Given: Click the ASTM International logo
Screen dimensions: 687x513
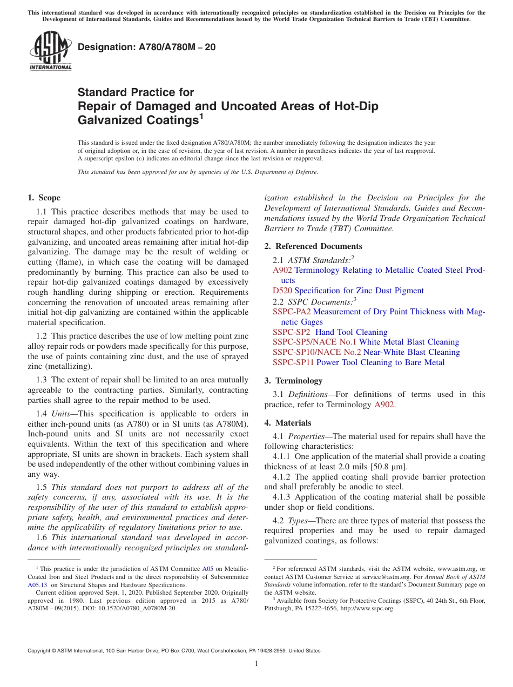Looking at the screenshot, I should tap(50, 51).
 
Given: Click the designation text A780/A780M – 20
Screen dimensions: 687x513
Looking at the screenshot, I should tap(147, 47).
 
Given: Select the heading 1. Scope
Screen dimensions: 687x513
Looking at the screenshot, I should tap(44, 198).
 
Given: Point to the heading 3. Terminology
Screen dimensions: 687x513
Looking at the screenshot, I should tap(293, 381).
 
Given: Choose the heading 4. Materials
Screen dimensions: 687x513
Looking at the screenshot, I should tap(288, 423).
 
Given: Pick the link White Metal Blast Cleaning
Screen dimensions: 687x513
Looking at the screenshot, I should tap(409, 342).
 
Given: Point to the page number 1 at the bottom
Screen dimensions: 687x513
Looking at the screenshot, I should tap(256, 663).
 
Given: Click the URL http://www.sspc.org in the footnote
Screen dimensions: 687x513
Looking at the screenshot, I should tap(370, 608).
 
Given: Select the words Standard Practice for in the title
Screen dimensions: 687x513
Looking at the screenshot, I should tap(136, 92).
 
